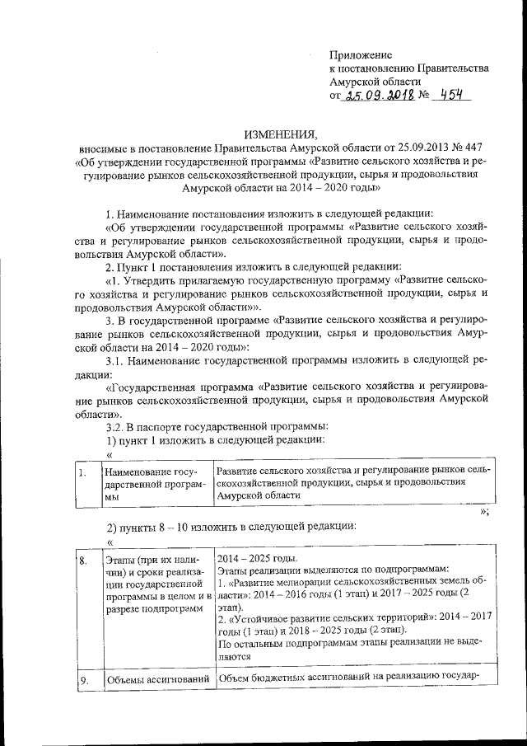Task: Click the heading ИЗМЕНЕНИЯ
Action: (x=279, y=134)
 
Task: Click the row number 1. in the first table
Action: (x=82, y=472)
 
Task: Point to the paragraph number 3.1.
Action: (x=114, y=360)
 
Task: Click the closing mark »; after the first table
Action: (x=485, y=511)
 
